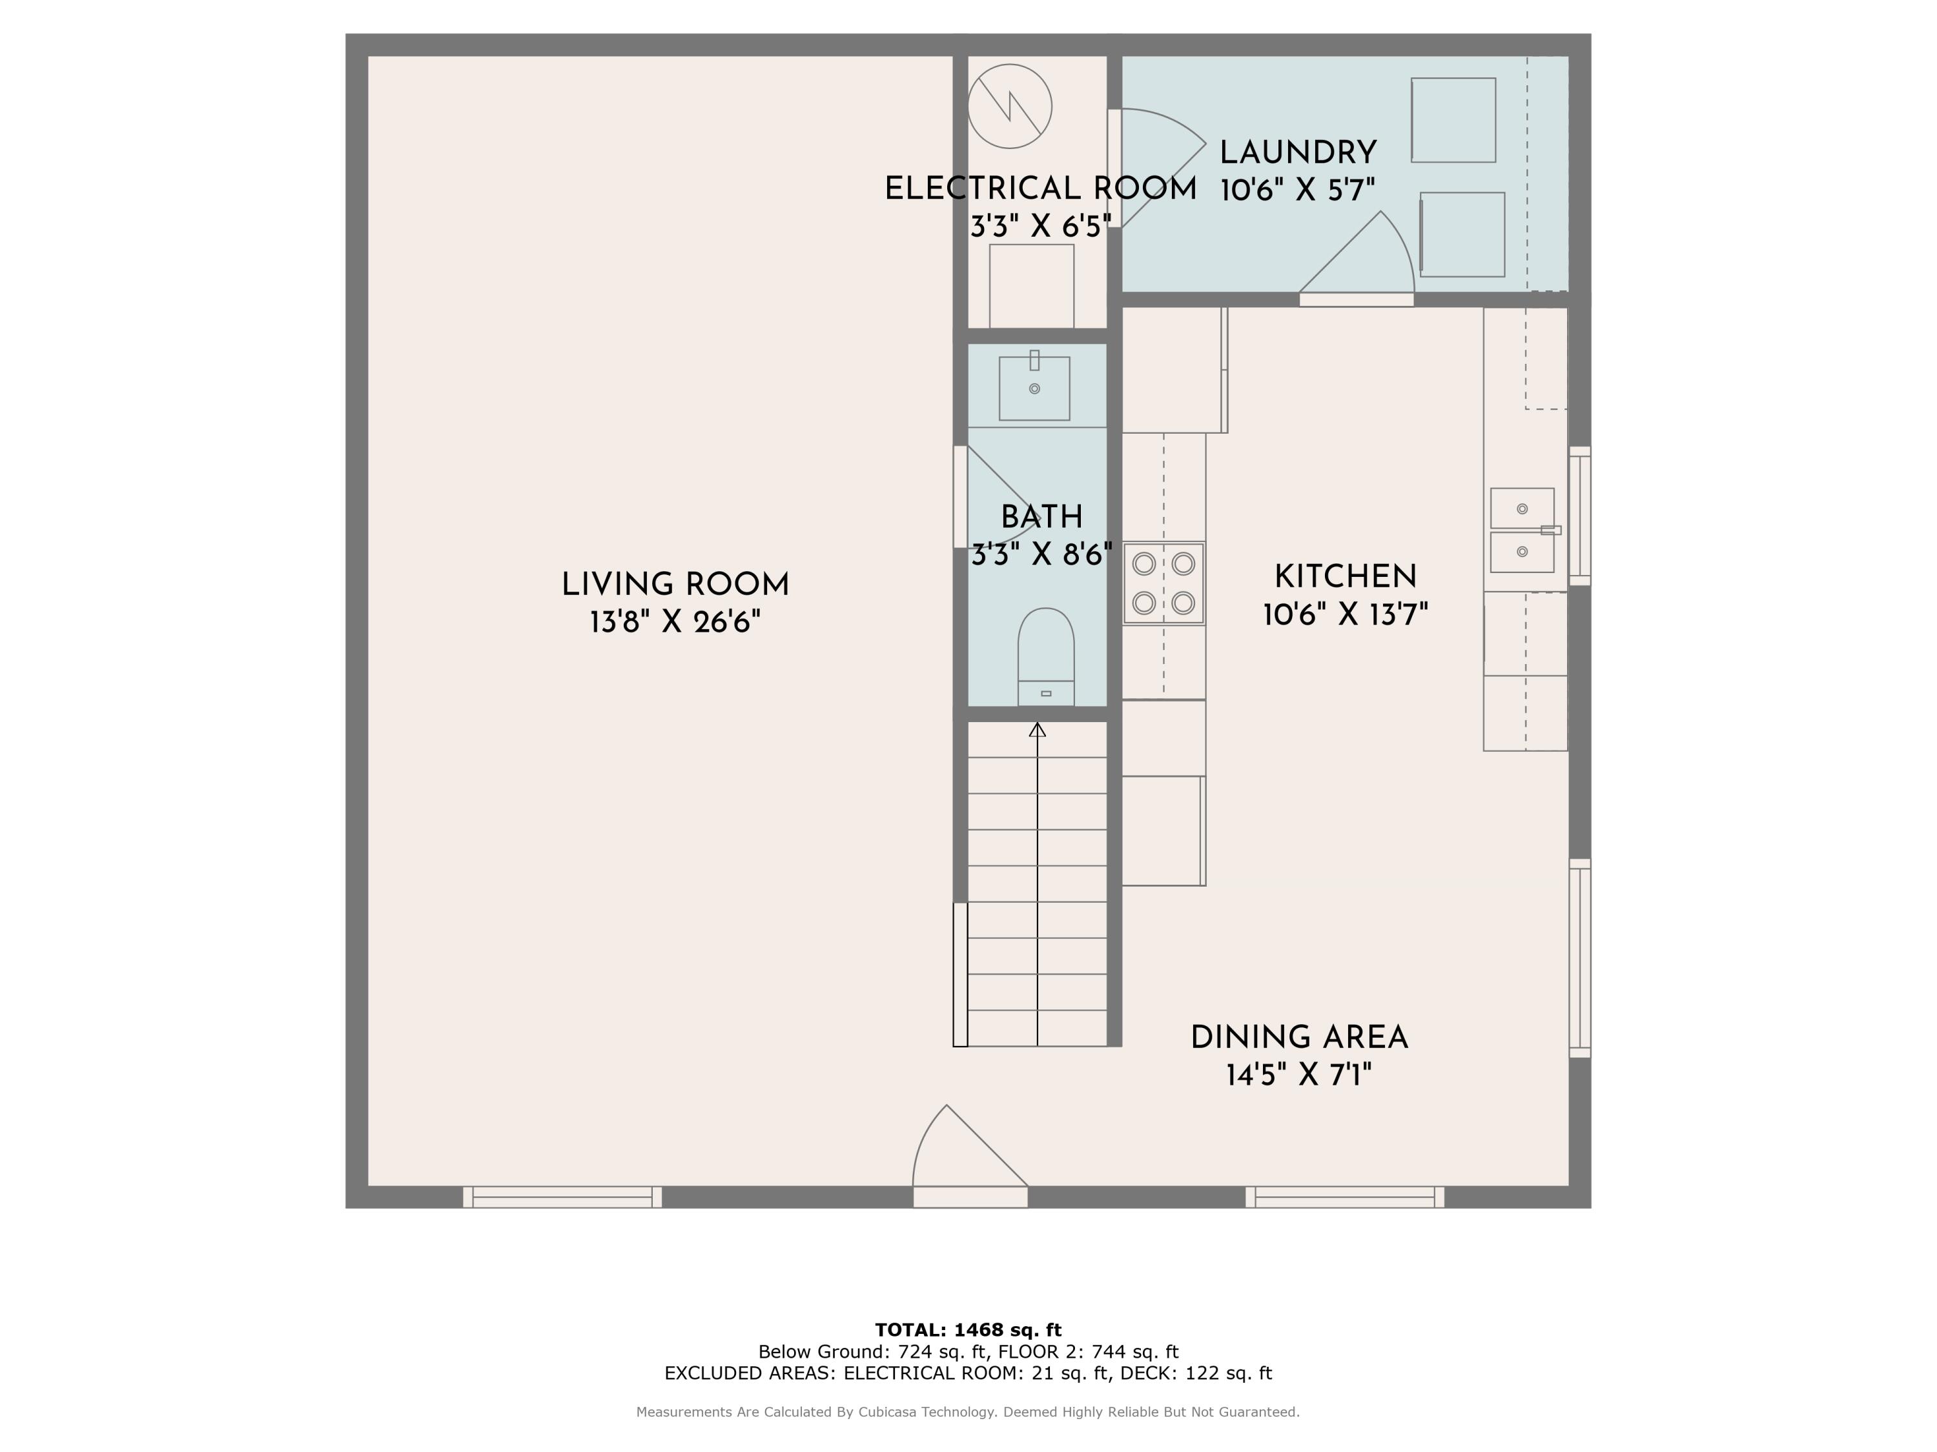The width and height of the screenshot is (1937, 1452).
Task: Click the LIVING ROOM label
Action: pyautogui.click(x=675, y=585)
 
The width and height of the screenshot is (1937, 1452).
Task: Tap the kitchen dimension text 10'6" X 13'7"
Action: pyautogui.click(x=1345, y=614)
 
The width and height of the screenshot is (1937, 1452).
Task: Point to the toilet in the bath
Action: pyautogui.click(x=1045, y=656)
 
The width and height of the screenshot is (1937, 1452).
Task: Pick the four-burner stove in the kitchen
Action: pyautogui.click(x=1163, y=583)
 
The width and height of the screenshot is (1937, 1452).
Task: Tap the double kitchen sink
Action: pyautogui.click(x=1522, y=530)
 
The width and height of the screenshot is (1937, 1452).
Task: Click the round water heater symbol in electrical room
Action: pyautogui.click(x=1010, y=106)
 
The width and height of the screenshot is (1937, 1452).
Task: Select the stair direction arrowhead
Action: pyautogui.click(x=1038, y=729)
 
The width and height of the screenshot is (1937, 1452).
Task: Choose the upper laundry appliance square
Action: pyautogui.click(x=1453, y=120)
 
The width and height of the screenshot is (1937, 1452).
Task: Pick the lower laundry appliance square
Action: pyautogui.click(x=1462, y=234)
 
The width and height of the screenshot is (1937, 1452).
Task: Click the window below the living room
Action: pyautogui.click(x=562, y=1197)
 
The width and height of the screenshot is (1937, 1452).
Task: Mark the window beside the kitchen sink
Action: pyautogui.click(x=1580, y=516)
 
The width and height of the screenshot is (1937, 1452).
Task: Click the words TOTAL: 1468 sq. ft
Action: pyautogui.click(x=968, y=1330)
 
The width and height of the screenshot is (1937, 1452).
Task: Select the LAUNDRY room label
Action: pyautogui.click(x=1298, y=152)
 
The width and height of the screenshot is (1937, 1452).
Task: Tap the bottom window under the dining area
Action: pyautogui.click(x=1345, y=1197)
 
